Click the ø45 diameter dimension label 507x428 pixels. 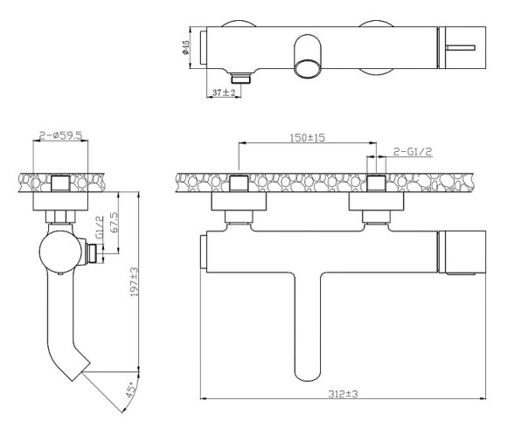pos(185,47)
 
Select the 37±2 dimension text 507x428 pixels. pos(224,93)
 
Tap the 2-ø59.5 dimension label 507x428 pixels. pos(61,135)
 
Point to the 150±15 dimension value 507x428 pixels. pos(307,138)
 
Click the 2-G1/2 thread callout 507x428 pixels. pos(413,151)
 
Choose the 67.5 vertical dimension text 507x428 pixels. pos(114,222)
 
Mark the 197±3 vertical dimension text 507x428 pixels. pos(134,281)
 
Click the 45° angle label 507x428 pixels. pos(130,390)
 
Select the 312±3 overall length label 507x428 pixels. pos(343,394)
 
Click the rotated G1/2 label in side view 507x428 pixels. pos(101,227)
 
